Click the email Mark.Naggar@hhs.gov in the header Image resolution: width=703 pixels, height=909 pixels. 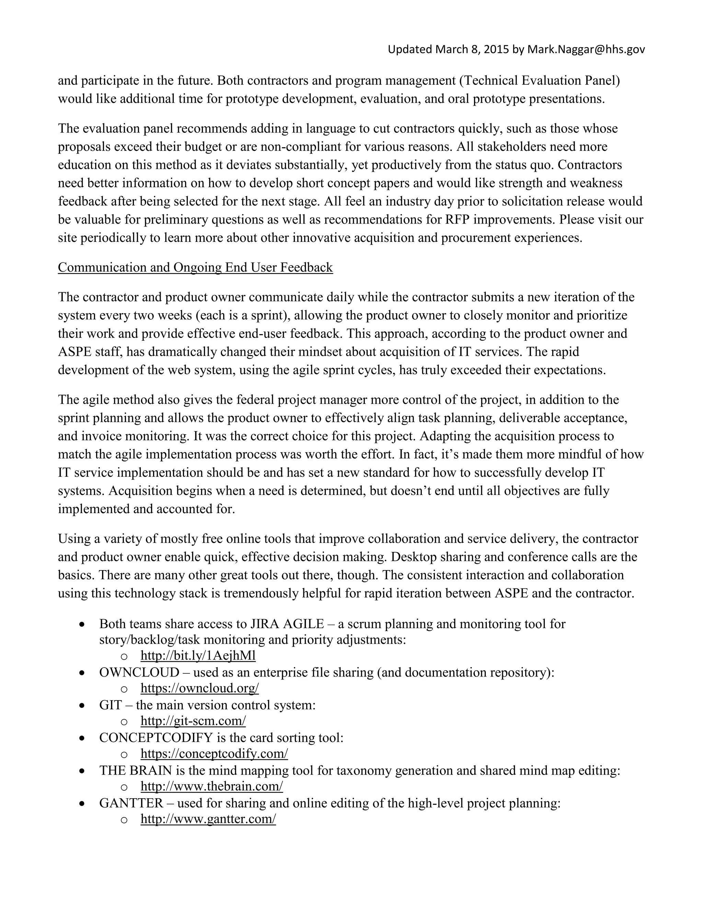586,49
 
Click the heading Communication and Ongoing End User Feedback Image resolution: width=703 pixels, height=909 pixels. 195,267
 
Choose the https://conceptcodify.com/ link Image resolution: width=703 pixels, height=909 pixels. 214,753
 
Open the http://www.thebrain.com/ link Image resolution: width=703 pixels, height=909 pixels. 211,786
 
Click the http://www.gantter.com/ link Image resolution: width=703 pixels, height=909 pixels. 208,819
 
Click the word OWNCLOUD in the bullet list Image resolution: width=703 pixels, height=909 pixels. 139,672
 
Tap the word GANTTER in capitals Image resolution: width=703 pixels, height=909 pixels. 131,803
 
